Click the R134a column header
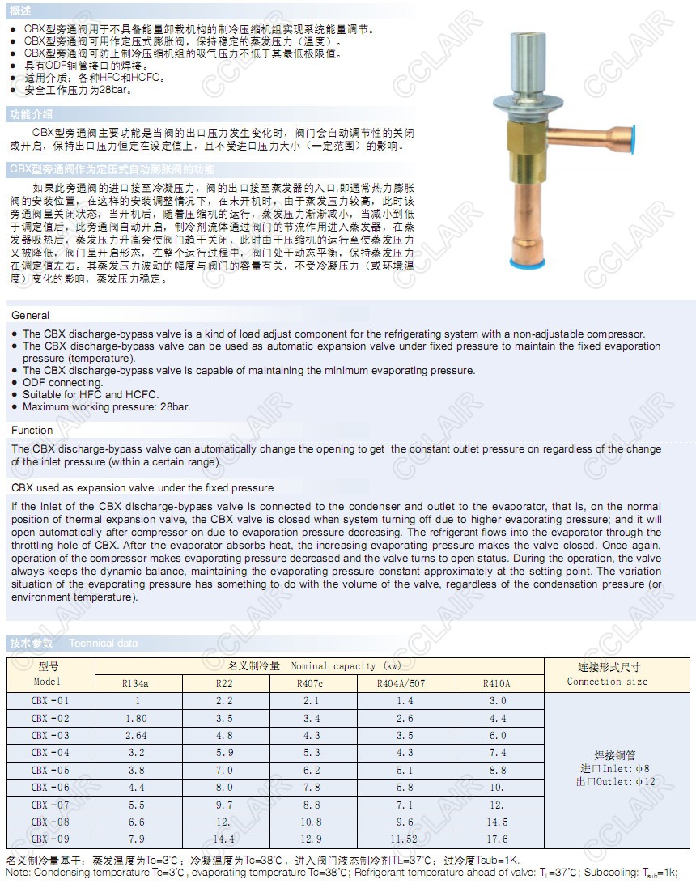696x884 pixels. coord(135,683)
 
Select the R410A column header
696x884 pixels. coord(496,683)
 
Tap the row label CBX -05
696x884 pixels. coord(50,770)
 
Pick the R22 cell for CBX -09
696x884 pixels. coord(224,839)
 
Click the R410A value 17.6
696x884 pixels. coord(498,839)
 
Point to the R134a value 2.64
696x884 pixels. coord(137,735)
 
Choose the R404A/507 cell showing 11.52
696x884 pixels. coord(405,839)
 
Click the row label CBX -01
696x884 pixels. coord(50,700)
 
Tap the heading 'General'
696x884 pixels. coord(31,315)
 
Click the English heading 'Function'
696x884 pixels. coord(32,430)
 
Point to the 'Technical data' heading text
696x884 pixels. coord(104,644)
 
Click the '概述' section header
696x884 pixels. coord(22,11)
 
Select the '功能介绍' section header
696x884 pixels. coord(31,114)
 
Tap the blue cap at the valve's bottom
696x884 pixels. coord(531,263)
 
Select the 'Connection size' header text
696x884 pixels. coord(607,682)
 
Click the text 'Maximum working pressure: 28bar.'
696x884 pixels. coord(107,406)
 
